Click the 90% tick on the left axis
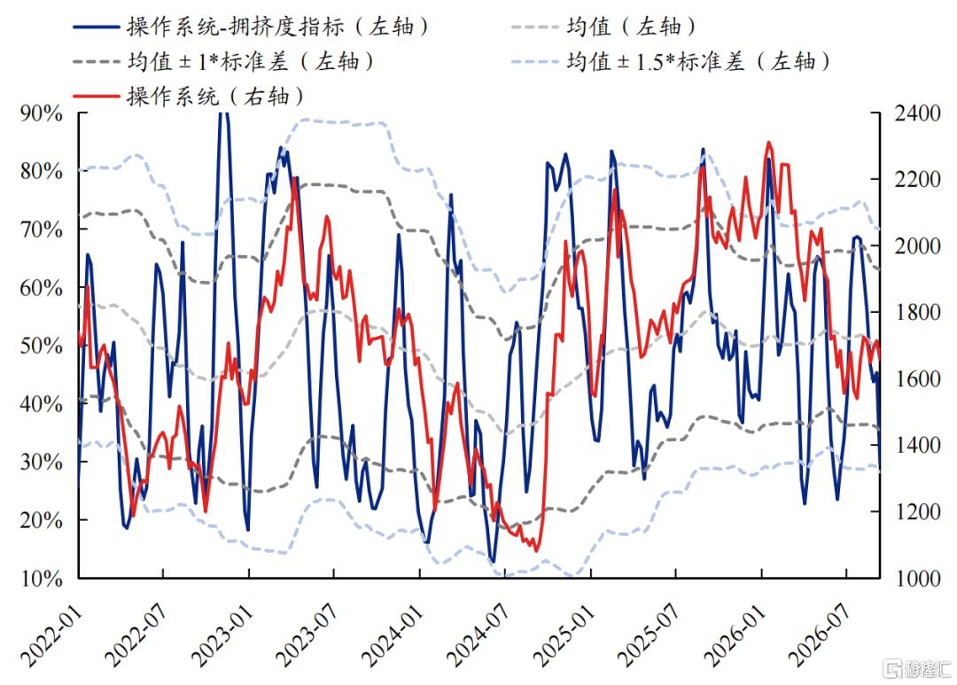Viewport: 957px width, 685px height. (x=42, y=113)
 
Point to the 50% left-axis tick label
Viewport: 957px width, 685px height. (x=42, y=346)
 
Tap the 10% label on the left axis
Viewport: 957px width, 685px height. (x=42, y=578)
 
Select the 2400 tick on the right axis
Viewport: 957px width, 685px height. (x=917, y=113)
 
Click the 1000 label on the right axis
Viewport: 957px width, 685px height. (x=917, y=578)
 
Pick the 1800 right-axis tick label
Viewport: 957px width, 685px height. (x=917, y=313)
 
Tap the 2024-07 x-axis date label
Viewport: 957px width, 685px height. (x=478, y=635)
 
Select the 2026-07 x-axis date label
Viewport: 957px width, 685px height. (x=820, y=635)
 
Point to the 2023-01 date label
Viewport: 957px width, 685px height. (x=222, y=635)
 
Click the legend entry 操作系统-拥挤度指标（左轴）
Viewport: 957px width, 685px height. (x=251, y=27)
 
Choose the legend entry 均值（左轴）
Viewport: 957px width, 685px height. (x=603, y=27)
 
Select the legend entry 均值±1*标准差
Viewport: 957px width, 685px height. (x=223, y=62)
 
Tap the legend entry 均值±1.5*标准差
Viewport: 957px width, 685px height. (x=671, y=62)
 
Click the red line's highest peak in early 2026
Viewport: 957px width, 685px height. (x=768, y=143)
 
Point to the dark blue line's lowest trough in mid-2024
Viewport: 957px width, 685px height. (x=494, y=560)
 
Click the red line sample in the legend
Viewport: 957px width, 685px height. (x=96, y=97)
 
